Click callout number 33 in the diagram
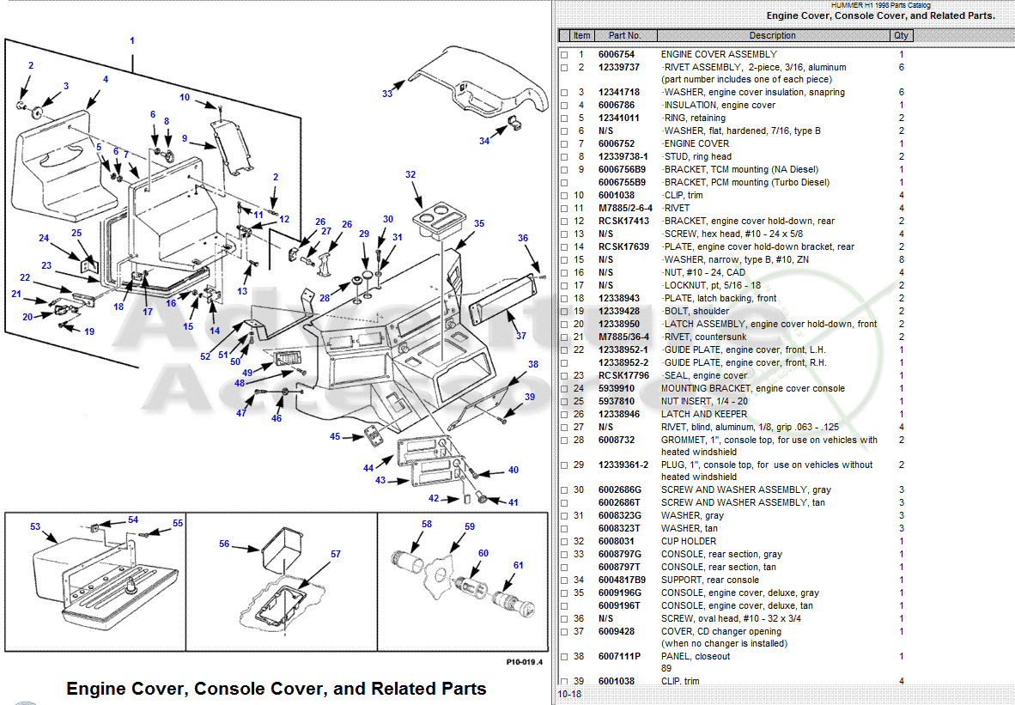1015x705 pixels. point(387,94)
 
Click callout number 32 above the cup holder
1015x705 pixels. point(410,175)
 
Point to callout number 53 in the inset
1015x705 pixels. point(35,526)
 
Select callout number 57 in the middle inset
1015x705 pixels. point(336,554)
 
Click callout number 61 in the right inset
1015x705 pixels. point(519,565)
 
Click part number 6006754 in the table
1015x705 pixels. point(617,54)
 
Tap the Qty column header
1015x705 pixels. point(901,35)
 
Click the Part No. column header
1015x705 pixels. point(624,35)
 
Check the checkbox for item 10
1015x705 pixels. point(564,196)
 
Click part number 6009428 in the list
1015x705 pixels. point(617,631)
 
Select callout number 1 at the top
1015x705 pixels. point(132,40)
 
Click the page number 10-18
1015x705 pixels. point(568,694)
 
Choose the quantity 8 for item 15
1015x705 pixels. point(902,259)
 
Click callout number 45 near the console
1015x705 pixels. point(335,436)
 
